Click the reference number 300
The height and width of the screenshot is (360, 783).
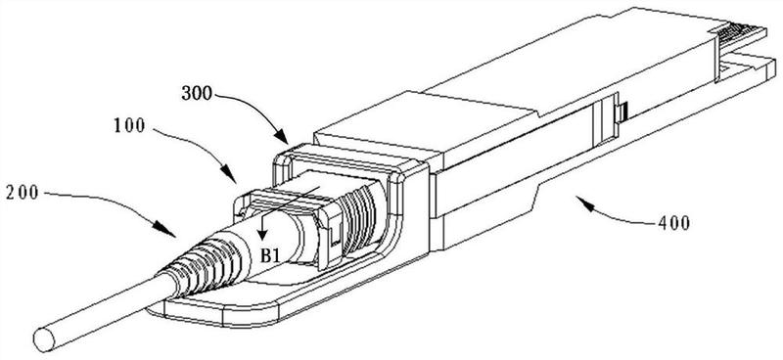pos(199,93)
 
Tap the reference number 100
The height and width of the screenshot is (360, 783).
pos(130,125)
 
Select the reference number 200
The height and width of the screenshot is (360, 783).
pos(23,194)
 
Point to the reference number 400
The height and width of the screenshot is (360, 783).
pos(673,223)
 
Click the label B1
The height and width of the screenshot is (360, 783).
pos(270,255)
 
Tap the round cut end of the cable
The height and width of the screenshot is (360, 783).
pos(44,339)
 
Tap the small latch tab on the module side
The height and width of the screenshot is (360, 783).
pos(622,112)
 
